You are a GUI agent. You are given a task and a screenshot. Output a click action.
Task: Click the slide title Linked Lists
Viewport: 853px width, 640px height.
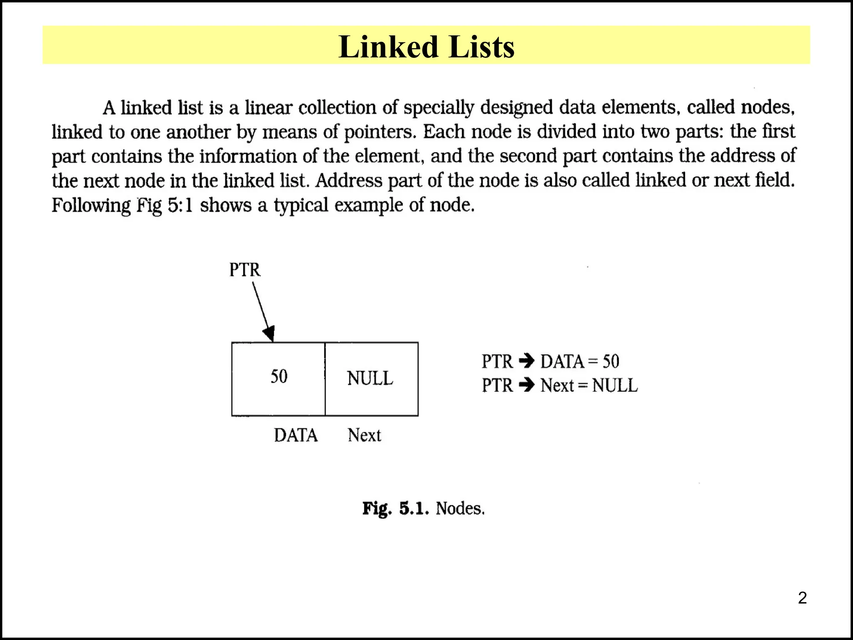click(426, 46)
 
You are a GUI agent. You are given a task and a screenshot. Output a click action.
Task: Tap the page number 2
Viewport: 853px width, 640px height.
click(802, 598)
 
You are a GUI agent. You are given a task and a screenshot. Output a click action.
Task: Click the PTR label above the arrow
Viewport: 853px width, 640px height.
click(245, 270)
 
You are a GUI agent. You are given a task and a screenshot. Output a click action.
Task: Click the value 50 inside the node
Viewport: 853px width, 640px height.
click(279, 376)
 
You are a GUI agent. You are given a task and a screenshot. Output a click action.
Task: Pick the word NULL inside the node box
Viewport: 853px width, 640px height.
click(370, 378)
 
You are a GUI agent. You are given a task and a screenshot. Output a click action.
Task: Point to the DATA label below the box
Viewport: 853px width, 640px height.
click(296, 435)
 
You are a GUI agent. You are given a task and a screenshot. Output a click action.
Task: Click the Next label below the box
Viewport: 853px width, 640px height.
click(364, 435)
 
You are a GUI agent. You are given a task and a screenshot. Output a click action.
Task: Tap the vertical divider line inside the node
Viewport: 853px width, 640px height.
click(325, 379)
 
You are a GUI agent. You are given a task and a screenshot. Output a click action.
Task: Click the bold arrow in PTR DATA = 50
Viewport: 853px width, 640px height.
click(527, 361)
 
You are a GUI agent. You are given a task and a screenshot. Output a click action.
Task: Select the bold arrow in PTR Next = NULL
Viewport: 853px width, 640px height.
click(527, 385)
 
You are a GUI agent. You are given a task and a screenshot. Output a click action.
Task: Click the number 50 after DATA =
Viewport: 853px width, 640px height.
click(611, 361)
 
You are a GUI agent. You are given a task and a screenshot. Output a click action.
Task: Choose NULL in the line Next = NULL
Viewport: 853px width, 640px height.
click(615, 385)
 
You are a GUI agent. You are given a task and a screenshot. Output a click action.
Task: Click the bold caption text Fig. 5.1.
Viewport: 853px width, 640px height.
click(395, 508)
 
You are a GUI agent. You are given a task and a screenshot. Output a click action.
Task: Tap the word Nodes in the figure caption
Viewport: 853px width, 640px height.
click(460, 508)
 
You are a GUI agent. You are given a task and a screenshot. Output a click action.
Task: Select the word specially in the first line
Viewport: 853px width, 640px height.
click(439, 107)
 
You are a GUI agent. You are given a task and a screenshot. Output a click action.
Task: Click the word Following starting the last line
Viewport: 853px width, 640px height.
click(91, 205)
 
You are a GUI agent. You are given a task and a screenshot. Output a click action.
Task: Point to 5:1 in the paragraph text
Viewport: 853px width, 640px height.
click(180, 205)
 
